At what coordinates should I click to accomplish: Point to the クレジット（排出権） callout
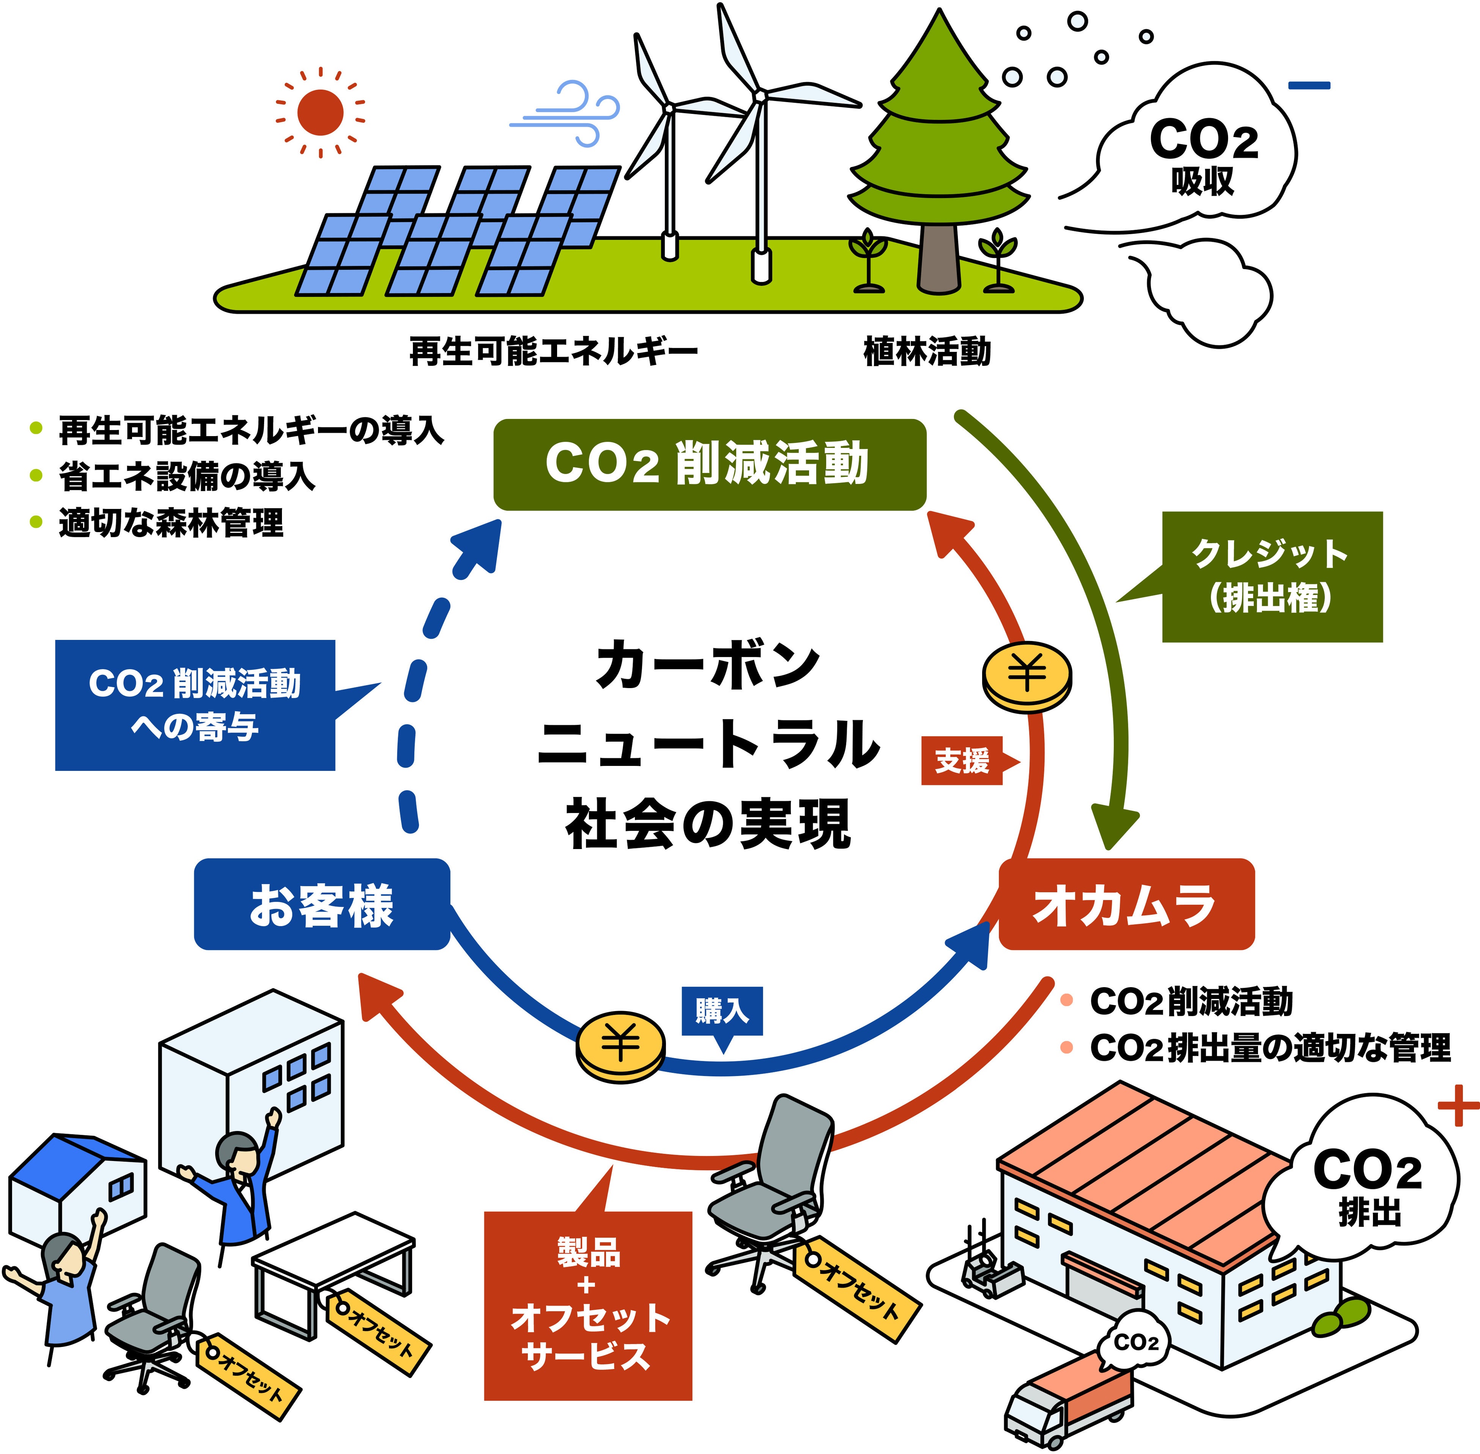1272,577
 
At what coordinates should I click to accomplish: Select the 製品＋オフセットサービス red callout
588,1306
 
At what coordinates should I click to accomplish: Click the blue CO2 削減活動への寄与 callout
195,705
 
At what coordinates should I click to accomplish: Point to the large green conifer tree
938,153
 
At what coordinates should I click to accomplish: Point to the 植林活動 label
927,352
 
